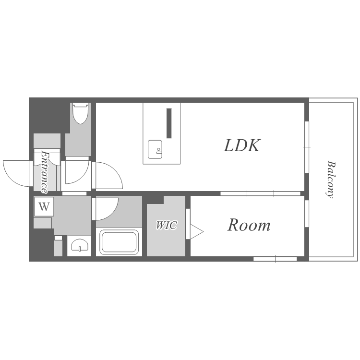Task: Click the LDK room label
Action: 242,145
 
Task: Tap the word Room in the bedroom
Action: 249,225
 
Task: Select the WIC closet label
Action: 167,225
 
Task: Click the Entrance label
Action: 45,172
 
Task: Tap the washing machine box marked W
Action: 44,206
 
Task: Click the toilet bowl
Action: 80,113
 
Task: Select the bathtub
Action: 119,243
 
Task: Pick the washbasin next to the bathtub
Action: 79,245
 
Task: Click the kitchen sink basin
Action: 155,149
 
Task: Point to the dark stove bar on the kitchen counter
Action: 169,123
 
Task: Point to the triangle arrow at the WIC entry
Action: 196,232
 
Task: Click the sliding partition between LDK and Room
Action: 260,193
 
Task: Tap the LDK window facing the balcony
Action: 307,147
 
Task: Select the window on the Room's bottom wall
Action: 275,259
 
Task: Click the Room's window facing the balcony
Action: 307,214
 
